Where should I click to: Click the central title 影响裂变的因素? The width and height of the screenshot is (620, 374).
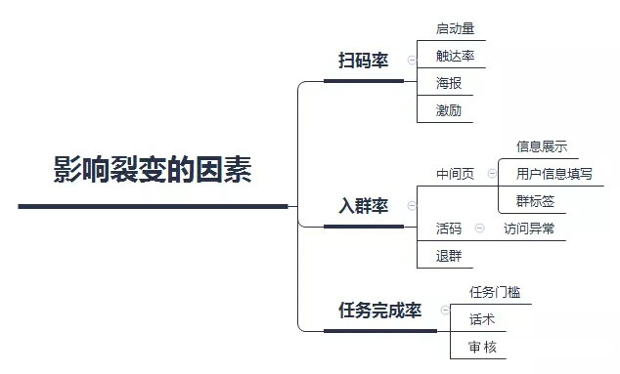pyautogui.click(x=153, y=170)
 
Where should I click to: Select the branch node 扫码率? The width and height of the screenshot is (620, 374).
pyautogui.click(x=363, y=61)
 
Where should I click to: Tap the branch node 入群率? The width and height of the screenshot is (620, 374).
pyautogui.click(x=363, y=206)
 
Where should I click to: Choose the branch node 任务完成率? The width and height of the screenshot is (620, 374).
pyautogui.click(x=379, y=311)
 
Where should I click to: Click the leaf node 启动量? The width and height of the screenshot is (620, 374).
pyautogui.click(x=455, y=28)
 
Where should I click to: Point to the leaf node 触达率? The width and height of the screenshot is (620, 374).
pyautogui.click(x=455, y=56)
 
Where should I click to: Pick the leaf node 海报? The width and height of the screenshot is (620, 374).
pyautogui.click(x=449, y=83)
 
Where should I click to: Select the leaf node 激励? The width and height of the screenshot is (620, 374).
pyautogui.click(x=449, y=110)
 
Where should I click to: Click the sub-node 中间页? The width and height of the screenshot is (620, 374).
pyautogui.click(x=455, y=174)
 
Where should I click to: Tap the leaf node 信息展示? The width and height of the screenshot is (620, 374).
pyautogui.click(x=541, y=146)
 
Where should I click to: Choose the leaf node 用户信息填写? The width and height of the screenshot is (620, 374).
pyautogui.click(x=554, y=174)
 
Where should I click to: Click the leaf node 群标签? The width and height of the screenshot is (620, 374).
pyautogui.click(x=535, y=201)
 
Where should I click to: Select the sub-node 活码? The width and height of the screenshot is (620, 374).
pyautogui.click(x=449, y=229)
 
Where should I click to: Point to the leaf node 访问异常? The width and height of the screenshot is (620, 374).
pyautogui.click(x=528, y=229)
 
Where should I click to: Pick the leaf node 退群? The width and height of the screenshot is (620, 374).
pyautogui.click(x=449, y=256)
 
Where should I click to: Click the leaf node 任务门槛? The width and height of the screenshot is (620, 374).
pyautogui.click(x=494, y=292)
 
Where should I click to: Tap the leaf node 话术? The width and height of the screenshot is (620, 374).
pyautogui.click(x=481, y=319)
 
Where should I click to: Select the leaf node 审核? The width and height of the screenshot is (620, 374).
pyautogui.click(x=481, y=347)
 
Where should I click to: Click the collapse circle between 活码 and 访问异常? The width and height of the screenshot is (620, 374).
pyautogui.click(x=479, y=229)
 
